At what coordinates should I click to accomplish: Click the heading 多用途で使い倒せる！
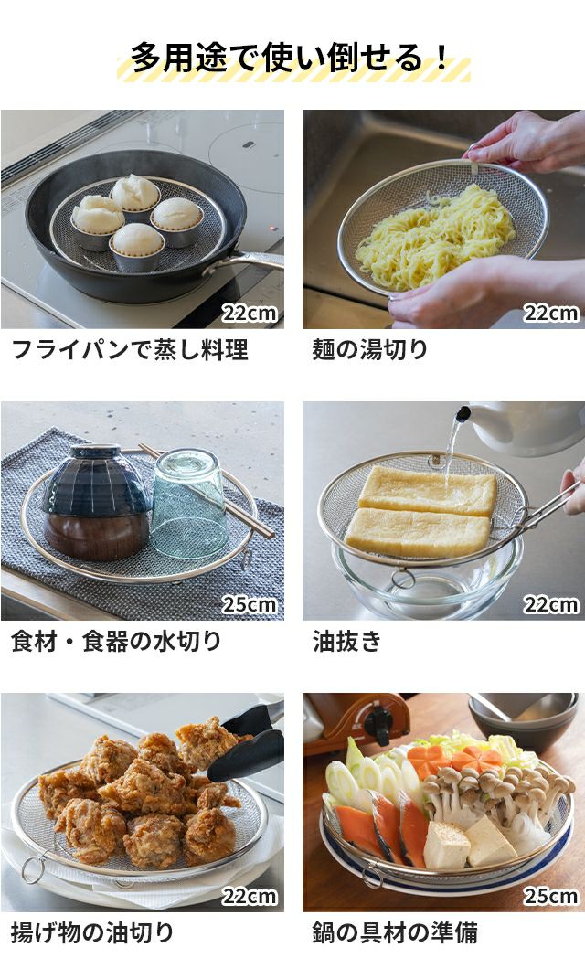pyautogui.click(x=292, y=59)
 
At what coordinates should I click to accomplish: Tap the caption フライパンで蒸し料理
pyautogui.click(x=130, y=349)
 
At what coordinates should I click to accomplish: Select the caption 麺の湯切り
pyautogui.click(x=370, y=349)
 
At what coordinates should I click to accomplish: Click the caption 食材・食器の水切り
pyautogui.click(x=116, y=641)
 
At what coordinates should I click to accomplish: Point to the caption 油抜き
pyautogui.click(x=346, y=641)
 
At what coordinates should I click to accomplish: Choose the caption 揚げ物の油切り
pyautogui.click(x=92, y=932)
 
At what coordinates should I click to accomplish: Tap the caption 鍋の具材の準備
pyautogui.click(x=395, y=932)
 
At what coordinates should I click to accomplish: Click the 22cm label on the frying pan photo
pyautogui.click(x=250, y=314)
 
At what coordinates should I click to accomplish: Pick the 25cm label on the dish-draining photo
pyautogui.click(x=250, y=605)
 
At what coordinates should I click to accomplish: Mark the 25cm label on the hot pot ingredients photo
pyautogui.click(x=551, y=896)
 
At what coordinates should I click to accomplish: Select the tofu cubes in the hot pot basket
pyautogui.click(x=467, y=842)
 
